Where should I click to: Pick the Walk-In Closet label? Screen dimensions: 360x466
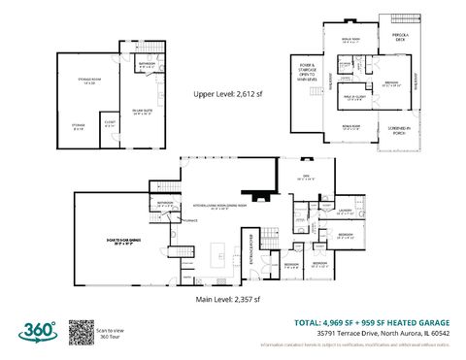[x=353, y=94]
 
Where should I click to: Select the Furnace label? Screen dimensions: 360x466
[x=180, y=220]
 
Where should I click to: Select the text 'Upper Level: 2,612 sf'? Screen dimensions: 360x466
[x=229, y=95]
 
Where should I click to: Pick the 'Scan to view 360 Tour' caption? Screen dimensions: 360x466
[x=109, y=332]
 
